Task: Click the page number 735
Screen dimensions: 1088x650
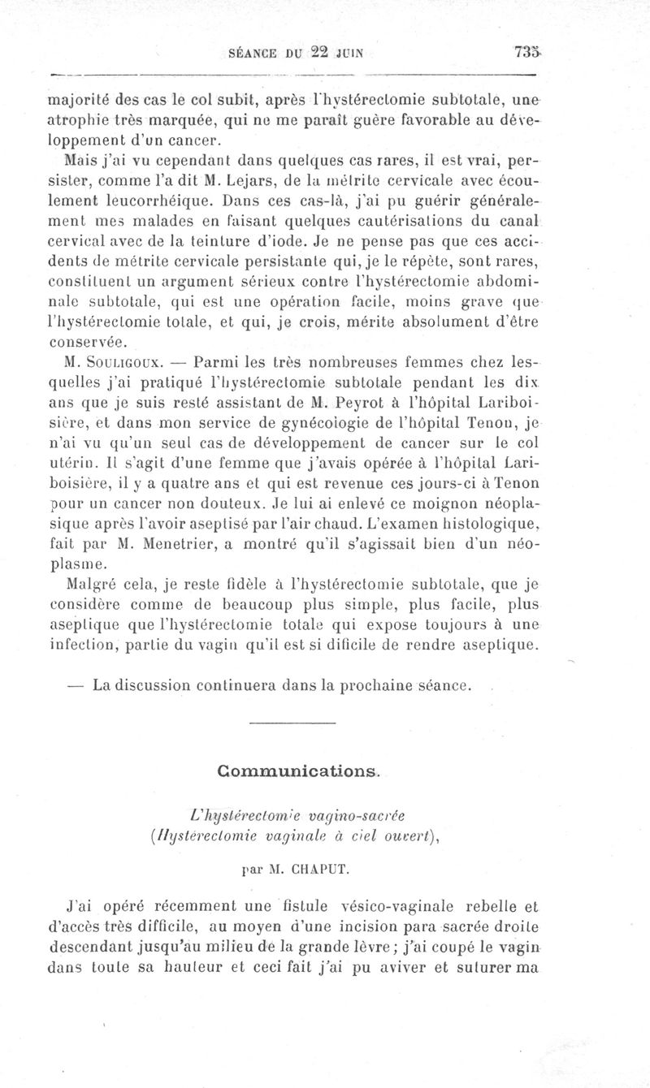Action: (x=526, y=54)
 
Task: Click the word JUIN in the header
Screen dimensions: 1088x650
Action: (x=349, y=55)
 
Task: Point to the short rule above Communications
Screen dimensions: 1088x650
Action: (x=292, y=723)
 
